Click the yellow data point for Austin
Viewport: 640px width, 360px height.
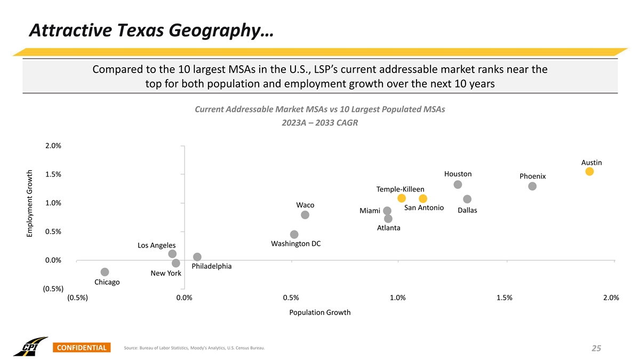[589, 171]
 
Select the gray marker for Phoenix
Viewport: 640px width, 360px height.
[532, 186]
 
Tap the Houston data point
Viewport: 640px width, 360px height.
[458, 185]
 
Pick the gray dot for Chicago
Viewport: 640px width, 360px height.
[105, 272]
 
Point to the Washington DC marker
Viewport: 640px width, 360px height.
[294, 235]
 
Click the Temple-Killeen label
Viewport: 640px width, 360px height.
[400, 189]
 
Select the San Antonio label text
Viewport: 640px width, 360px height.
[424, 207]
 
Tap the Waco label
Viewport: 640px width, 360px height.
[305, 205]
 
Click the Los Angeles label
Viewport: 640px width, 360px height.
[156, 245]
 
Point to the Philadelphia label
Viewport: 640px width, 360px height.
[211, 266]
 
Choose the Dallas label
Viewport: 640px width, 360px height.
[467, 211]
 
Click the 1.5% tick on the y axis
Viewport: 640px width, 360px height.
[53, 174]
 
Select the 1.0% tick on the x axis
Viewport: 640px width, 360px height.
[397, 298]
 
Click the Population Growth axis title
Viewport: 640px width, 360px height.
[319, 313]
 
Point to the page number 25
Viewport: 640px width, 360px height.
[596, 348]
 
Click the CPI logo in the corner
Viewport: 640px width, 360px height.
[30, 346]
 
